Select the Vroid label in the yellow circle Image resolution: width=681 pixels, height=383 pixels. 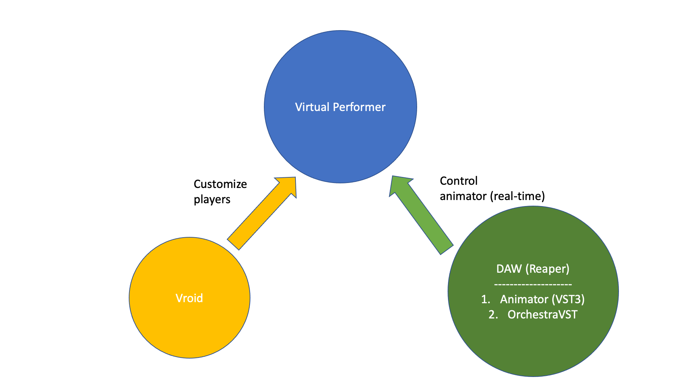(189, 298)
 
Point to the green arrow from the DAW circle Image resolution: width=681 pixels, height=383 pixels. (422, 216)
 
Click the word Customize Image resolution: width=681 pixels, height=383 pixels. (220, 184)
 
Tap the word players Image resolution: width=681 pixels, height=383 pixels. (212, 200)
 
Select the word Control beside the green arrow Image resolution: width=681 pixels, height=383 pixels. (459, 181)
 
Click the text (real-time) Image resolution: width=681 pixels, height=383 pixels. (517, 196)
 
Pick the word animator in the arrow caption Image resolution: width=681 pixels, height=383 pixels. (463, 196)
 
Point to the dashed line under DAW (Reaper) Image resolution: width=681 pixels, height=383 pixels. (533, 284)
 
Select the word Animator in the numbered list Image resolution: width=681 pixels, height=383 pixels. (524, 299)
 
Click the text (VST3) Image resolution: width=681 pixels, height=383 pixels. (568, 299)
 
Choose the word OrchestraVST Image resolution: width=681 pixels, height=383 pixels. (542, 315)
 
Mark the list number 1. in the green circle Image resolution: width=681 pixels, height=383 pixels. (486, 299)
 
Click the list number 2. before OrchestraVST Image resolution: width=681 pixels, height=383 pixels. (493, 315)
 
